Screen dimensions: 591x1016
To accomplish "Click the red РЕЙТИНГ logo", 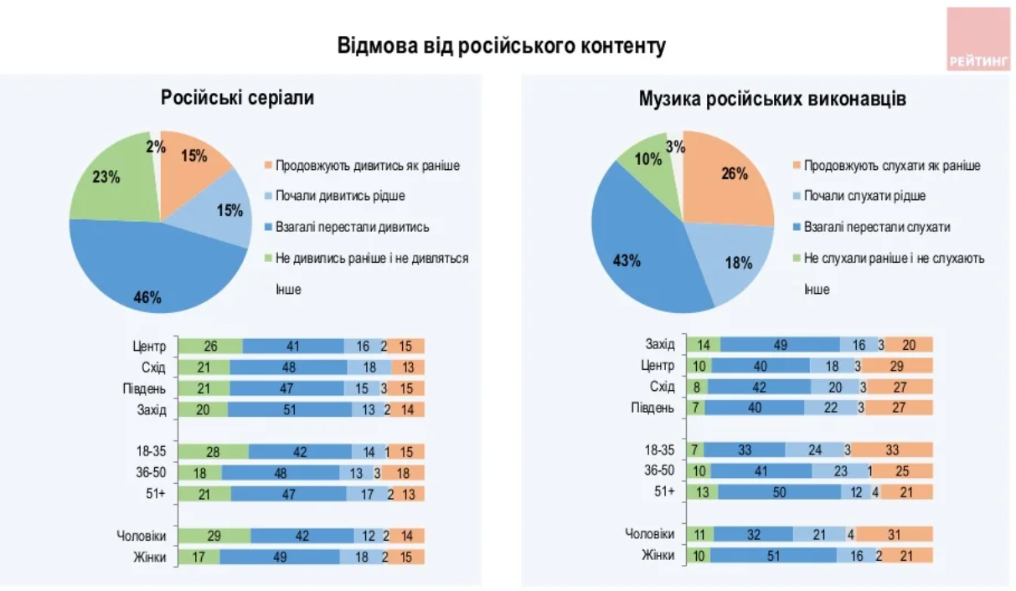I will [977, 39].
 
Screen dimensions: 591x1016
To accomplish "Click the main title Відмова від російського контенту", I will [502, 45].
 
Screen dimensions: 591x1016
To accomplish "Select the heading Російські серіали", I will [238, 98].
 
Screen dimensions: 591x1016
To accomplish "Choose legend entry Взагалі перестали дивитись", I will [352, 227].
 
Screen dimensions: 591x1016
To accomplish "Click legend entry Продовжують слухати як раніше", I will [891, 166].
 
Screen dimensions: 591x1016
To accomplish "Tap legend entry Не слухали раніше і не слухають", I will [894, 259].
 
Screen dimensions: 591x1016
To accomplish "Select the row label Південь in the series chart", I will [148, 388].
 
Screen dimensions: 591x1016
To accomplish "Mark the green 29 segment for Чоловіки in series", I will [215, 536].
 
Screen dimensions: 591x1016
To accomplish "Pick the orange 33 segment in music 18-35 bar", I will [891, 450].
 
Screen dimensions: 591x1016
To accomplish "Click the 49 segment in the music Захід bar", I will [780, 344].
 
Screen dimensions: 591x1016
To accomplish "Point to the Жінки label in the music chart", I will [658, 555].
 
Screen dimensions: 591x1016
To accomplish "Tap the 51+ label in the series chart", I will [155, 493].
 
